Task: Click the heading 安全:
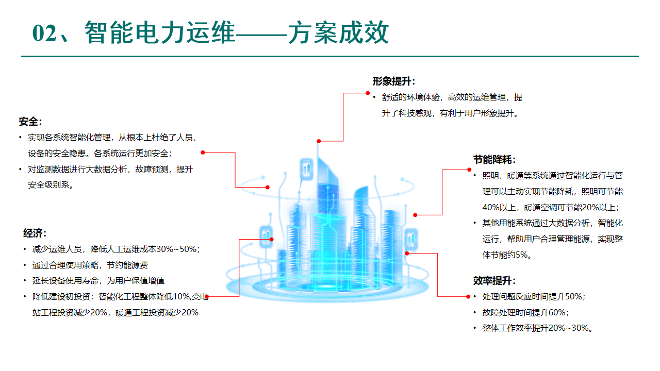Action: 30,122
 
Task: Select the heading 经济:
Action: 35,233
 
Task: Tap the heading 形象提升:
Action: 394,81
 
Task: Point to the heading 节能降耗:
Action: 494,160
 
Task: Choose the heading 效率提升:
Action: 494,281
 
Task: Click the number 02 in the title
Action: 43,34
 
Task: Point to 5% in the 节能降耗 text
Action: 522,255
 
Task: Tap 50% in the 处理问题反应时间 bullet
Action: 574,297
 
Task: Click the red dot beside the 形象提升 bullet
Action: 368,93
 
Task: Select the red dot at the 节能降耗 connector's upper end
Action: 469,169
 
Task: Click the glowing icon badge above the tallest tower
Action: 306,168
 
